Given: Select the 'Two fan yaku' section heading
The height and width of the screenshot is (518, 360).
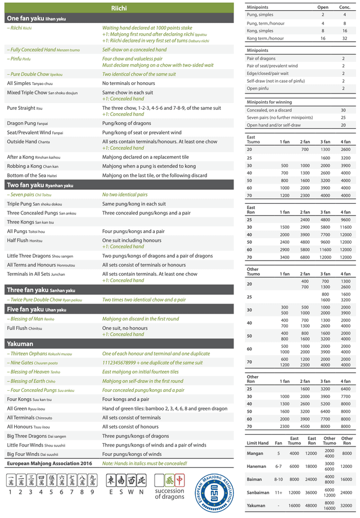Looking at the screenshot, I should coord(40,185).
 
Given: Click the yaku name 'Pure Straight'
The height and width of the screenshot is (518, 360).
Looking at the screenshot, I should coord(21,108).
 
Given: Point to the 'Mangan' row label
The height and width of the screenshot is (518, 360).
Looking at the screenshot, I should coord(255,453).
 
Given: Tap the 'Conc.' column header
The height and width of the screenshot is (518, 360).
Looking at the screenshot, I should coord(344,7).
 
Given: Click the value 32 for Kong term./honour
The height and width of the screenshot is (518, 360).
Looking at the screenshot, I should coord(344,38).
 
